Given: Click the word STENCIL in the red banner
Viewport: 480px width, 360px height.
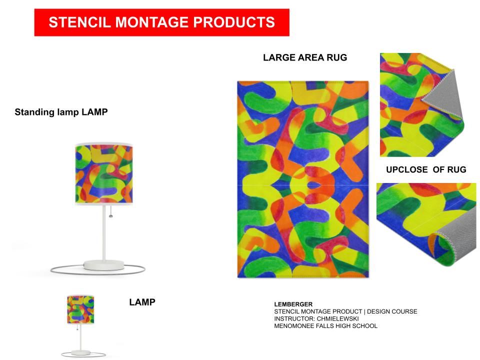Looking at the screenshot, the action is pos(79,22).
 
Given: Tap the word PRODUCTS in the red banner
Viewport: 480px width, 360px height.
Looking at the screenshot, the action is pos(234,22).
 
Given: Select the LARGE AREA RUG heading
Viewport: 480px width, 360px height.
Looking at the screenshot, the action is pos(305,57).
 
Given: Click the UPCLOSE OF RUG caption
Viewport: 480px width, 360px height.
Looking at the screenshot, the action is pos(426,169).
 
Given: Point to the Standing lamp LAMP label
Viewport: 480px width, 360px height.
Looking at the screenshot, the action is pos(61,112).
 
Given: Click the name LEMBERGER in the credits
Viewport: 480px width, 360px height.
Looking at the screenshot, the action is pos(293,304).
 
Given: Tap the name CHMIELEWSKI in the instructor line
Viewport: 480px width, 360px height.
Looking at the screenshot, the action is pos(337,318).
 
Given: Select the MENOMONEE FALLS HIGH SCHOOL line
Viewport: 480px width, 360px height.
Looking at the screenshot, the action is pos(325,326).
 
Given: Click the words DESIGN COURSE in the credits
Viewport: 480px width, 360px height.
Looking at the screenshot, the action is pos(392,311).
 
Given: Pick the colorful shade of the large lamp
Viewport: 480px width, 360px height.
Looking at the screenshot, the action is pos(104,173).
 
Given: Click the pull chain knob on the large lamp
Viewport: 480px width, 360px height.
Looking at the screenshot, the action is pos(111,216).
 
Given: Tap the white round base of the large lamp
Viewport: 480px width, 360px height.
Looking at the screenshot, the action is pos(104,265).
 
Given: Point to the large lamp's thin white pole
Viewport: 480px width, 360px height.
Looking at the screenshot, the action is pos(104,232).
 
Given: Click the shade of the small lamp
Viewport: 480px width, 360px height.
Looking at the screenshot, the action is pos(80,309).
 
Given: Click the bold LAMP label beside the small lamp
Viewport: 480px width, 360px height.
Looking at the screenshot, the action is pos(142,302).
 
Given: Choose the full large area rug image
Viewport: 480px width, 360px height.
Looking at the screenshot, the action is pos(303,179).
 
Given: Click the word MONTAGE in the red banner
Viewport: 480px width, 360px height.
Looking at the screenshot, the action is pos(151,22).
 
